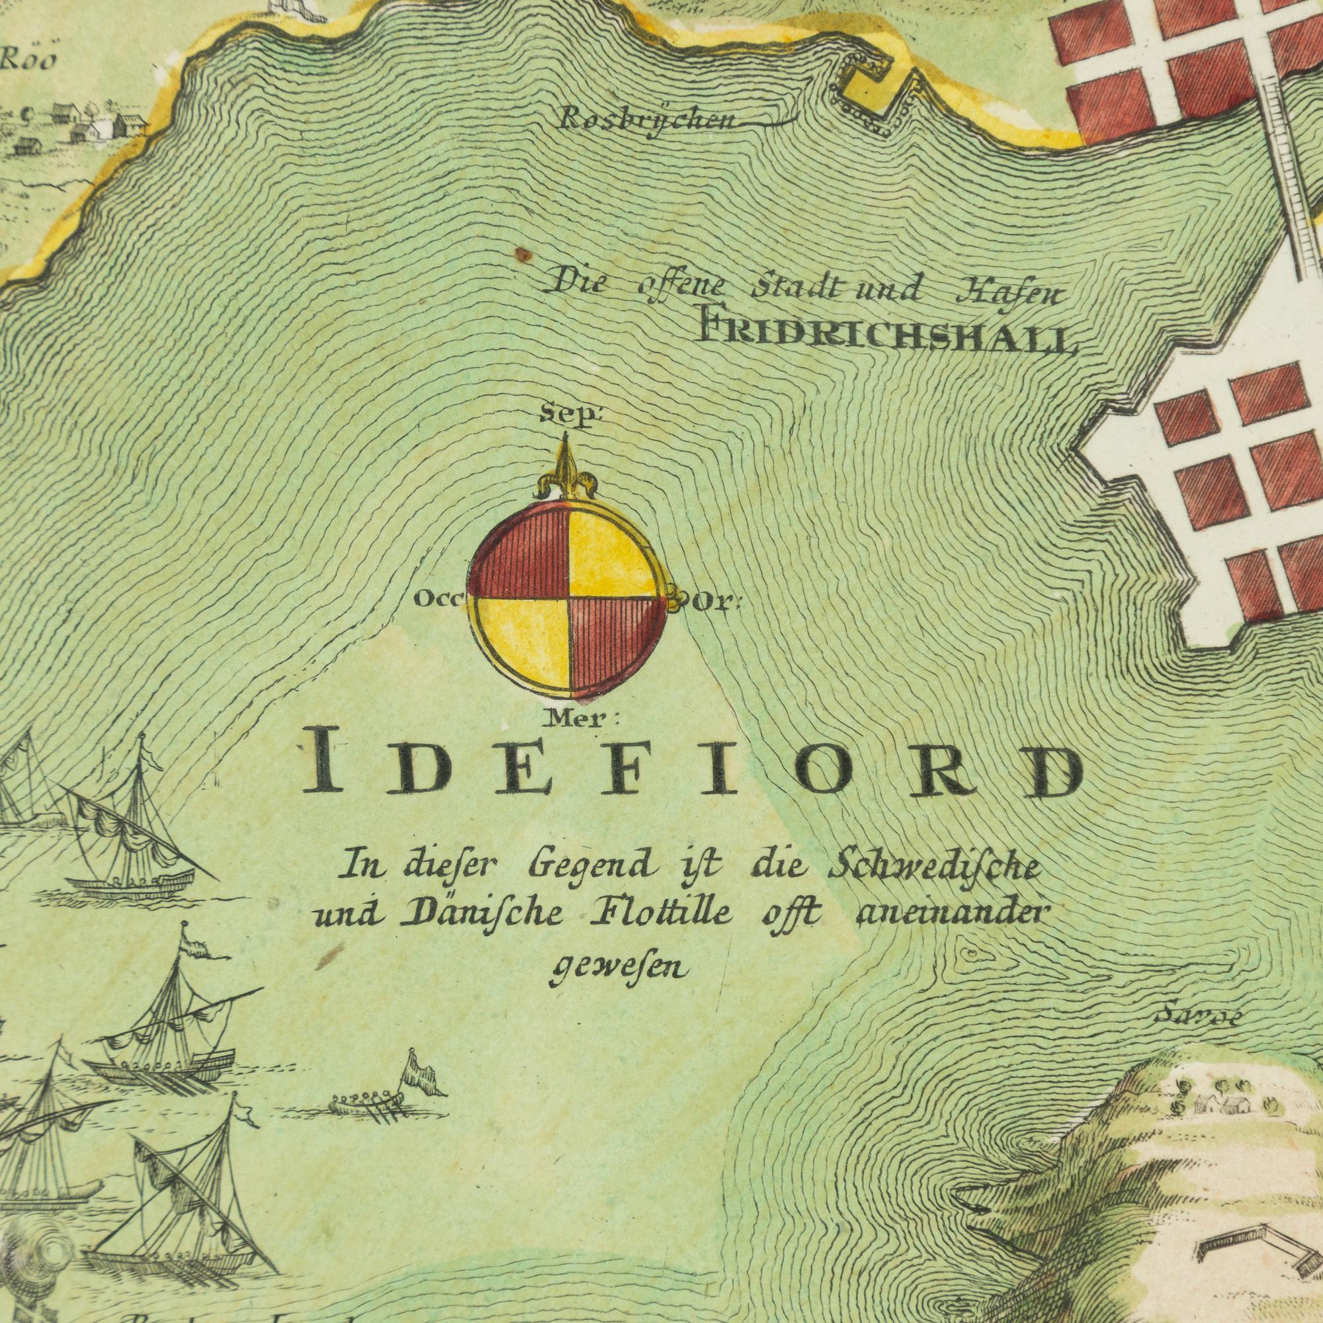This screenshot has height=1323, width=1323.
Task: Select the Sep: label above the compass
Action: [566, 415]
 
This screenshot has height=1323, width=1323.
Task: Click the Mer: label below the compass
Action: [581, 718]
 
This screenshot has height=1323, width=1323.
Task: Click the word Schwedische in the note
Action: [934, 869]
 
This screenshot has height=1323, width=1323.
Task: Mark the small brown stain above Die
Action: [523, 255]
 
